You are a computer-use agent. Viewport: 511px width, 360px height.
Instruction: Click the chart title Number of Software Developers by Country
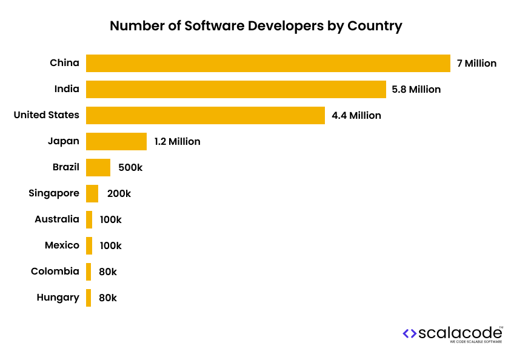click(x=255, y=26)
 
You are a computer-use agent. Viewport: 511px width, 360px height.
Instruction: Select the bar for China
click(x=268, y=63)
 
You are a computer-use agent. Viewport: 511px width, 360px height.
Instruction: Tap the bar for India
click(x=236, y=89)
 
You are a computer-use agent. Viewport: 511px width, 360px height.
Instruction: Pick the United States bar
click(x=205, y=115)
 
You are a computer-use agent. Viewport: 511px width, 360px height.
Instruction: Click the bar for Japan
click(x=116, y=141)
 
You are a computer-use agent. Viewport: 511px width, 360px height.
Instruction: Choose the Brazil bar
click(x=98, y=167)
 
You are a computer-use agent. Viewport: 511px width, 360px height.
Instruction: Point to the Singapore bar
click(x=92, y=193)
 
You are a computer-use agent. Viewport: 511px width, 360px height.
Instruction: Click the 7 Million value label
click(x=476, y=63)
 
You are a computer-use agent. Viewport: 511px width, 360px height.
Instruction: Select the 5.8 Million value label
click(x=416, y=89)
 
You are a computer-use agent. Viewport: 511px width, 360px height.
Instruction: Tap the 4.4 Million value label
click(x=356, y=115)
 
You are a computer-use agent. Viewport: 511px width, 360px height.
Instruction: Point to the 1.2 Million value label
click(x=177, y=141)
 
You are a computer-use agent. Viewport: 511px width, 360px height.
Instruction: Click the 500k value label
click(x=130, y=167)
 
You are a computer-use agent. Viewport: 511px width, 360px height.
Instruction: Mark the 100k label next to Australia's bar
click(x=110, y=219)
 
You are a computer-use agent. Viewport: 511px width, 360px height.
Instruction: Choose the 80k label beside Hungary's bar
click(x=108, y=298)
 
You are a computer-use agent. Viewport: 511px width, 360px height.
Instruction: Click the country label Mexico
click(x=62, y=245)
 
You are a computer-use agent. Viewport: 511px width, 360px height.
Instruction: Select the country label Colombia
click(x=55, y=272)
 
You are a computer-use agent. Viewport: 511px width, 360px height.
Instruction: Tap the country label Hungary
click(x=58, y=298)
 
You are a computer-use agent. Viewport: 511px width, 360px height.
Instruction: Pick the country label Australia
click(x=57, y=219)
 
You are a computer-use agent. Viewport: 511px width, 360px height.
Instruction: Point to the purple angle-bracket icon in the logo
click(x=410, y=333)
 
